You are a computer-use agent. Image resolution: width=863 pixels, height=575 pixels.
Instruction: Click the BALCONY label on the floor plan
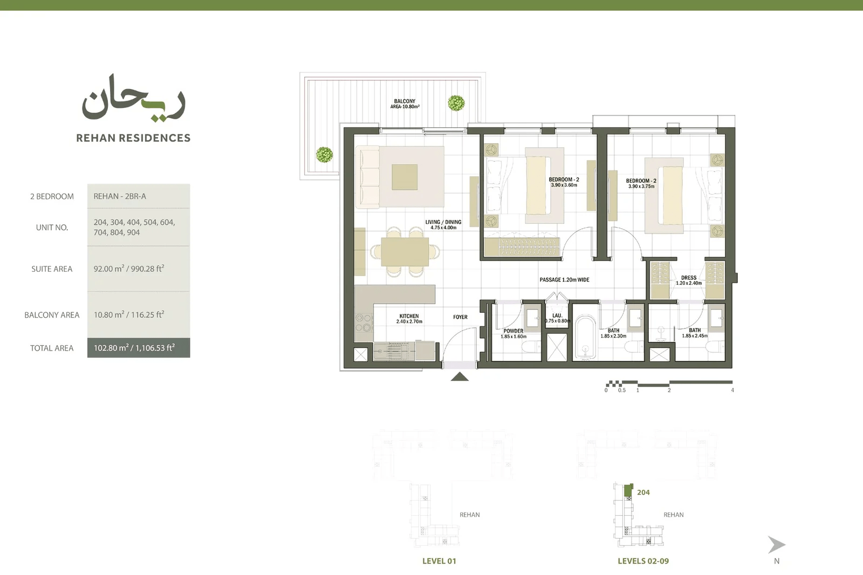point(405,101)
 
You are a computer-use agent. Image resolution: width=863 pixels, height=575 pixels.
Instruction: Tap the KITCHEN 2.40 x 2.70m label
point(409,319)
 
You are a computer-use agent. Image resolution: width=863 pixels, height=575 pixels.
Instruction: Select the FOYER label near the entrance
point(460,317)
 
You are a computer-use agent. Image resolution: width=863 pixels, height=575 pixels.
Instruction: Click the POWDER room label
point(513,331)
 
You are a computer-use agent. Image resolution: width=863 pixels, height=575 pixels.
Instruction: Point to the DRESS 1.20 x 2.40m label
point(689,280)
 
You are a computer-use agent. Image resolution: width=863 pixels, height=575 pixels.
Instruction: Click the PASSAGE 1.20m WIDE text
point(564,280)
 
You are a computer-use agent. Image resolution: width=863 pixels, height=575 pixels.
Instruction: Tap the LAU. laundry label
point(558,315)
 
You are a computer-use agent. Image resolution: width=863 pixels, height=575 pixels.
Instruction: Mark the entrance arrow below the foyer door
point(460,377)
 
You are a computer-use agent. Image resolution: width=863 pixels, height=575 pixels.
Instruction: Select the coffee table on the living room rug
point(405,177)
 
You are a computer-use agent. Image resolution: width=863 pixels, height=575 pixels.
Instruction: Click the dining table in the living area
point(405,252)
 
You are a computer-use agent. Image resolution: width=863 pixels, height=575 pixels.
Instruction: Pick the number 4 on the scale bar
point(732,390)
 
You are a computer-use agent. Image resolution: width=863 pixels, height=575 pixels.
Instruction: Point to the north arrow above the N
point(776,545)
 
